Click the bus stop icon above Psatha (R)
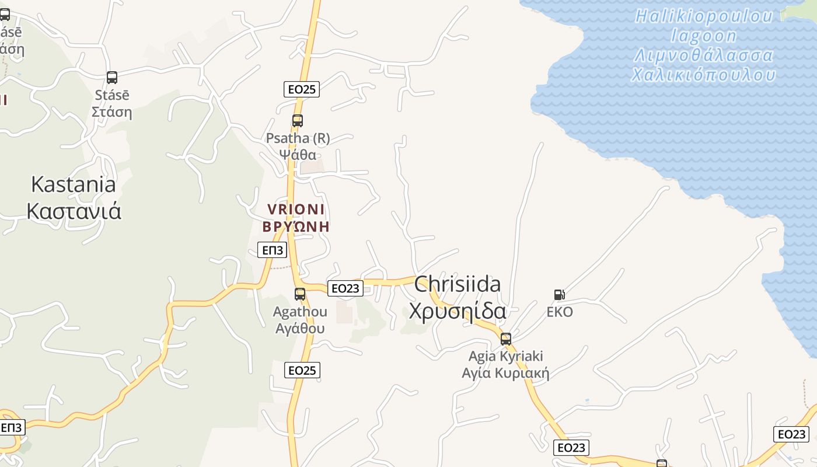coord(298,121)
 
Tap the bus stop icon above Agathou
coord(300,294)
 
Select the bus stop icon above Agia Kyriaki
coord(506,339)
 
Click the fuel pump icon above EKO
coord(559,295)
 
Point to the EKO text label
coord(560,312)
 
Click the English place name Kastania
coord(74,184)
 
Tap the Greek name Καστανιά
coord(74,211)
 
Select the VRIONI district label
coord(296,209)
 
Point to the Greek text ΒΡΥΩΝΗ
coord(296,226)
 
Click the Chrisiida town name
coord(458,284)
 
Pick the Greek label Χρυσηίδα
coord(458,311)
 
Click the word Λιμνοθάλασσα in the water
coord(704,56)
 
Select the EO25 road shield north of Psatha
coord(302,89)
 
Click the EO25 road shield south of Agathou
coord(302,370)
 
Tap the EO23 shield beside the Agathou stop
coord(345,288)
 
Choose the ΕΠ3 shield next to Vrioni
coord(273,250)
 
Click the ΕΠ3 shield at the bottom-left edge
coord(11,427)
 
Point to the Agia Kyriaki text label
coord(506,356)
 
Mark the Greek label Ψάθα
coord(298,155)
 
